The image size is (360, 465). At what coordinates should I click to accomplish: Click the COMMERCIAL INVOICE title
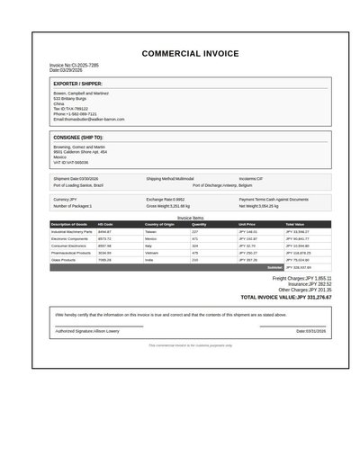[190, 54]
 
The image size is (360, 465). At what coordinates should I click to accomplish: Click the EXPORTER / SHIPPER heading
[78, 84]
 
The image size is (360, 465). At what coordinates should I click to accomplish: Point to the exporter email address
[88, 120]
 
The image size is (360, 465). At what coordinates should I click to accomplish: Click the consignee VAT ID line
[70, 163]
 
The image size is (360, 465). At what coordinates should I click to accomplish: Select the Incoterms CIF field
[251, 179]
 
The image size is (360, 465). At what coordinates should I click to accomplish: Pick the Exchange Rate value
[166, 200]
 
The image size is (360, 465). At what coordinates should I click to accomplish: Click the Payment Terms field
[274, 200]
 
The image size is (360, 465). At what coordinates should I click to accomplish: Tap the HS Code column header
[105, 224]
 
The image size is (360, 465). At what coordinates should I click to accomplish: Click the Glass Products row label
[66, 260]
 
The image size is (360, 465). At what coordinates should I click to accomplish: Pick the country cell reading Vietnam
[151, 253]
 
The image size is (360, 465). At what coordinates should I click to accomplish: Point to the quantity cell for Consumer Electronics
[195, 246]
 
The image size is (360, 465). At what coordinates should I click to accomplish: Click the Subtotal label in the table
[274, 267]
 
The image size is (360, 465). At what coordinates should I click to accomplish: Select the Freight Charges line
[301, 279]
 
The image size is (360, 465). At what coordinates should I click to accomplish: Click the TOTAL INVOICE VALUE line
[285, 297]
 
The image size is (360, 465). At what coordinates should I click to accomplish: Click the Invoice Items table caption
[190, 218]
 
